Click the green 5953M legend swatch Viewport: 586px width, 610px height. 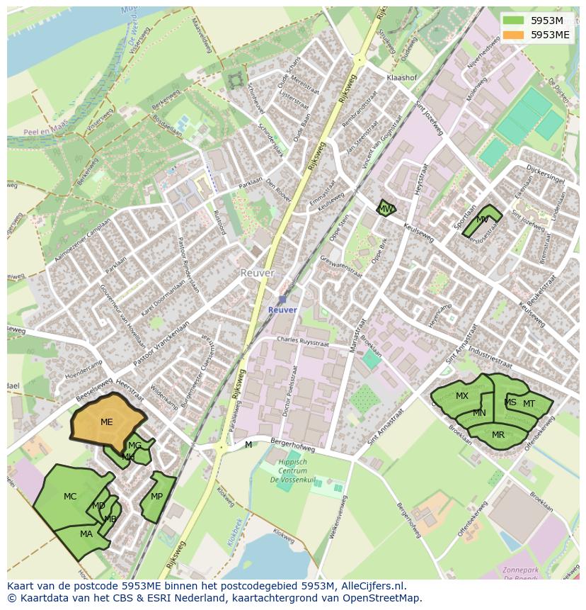tap(515, 21)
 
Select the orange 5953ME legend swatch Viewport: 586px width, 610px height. tap(515, 35)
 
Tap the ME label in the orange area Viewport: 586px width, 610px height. tap(107, 422)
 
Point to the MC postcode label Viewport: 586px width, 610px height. tap(70, 497)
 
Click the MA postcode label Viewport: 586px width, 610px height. tap(86, 534)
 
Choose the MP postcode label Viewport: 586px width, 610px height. tap(156, 497)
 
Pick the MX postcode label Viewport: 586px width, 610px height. tap(462, 396)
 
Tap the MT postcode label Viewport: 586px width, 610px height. tap(529, 404)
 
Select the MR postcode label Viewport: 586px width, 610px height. tap(498, 435)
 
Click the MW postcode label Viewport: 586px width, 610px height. tap(386, 209)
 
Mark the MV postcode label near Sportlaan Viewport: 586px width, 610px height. tap(483, 220)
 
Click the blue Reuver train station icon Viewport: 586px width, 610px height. tap(282, 300)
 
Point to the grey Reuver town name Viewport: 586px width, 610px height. tap(256, 273)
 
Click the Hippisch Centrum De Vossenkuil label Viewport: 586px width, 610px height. tap(292, 470)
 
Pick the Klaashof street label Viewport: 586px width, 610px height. tap(401, 77)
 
